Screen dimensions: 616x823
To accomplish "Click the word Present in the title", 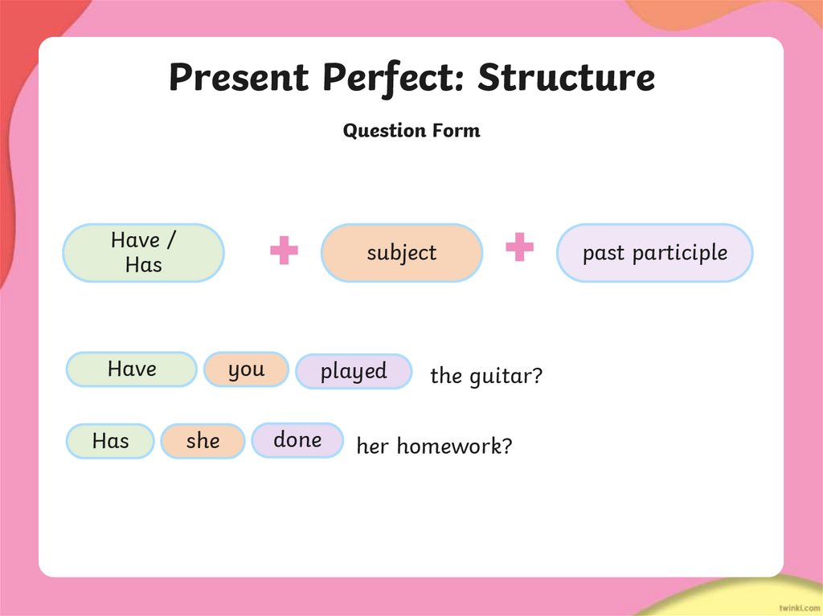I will [238, 78].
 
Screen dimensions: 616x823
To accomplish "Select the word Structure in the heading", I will [566, 78].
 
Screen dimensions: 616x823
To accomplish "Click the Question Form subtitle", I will [411, 130].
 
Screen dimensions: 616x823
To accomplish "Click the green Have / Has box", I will [143, 252].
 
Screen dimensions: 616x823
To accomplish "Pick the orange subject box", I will [401, 252].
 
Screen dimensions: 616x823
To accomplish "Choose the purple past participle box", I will [654, 252].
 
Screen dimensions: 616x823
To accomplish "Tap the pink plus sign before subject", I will [284, 251].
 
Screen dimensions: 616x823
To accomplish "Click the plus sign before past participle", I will [519, 247].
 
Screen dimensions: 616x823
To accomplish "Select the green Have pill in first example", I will [131, 369].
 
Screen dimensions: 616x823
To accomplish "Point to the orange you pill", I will [246, 369].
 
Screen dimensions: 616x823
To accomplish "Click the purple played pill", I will [354, 371].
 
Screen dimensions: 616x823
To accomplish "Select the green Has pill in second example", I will [110, 441].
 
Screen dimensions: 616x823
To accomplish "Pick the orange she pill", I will [203, 441].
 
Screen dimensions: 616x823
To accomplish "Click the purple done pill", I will [297, 440].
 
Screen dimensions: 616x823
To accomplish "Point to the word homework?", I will [454, 447].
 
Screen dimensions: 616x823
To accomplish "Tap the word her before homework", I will [372, 447].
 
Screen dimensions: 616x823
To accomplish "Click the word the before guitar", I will [445, 376].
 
